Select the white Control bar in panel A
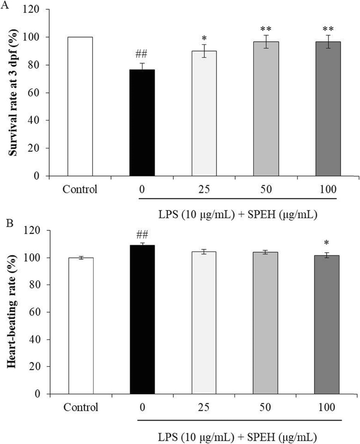[x=80, y=106]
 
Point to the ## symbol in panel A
[x=142, y=55]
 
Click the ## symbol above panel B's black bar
[x=142, y=235]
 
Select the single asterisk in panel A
[x=204, y=38]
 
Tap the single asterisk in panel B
[x=327, y=243]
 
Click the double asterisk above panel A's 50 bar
[x=266, y=29]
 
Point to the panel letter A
[x=4, y=5]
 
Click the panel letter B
[x=10, y=224]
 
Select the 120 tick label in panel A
[x=32, y=10]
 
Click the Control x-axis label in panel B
[x=81, y=407]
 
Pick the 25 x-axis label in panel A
[x=204, y=189]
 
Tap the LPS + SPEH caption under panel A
[x=238, y=215]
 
